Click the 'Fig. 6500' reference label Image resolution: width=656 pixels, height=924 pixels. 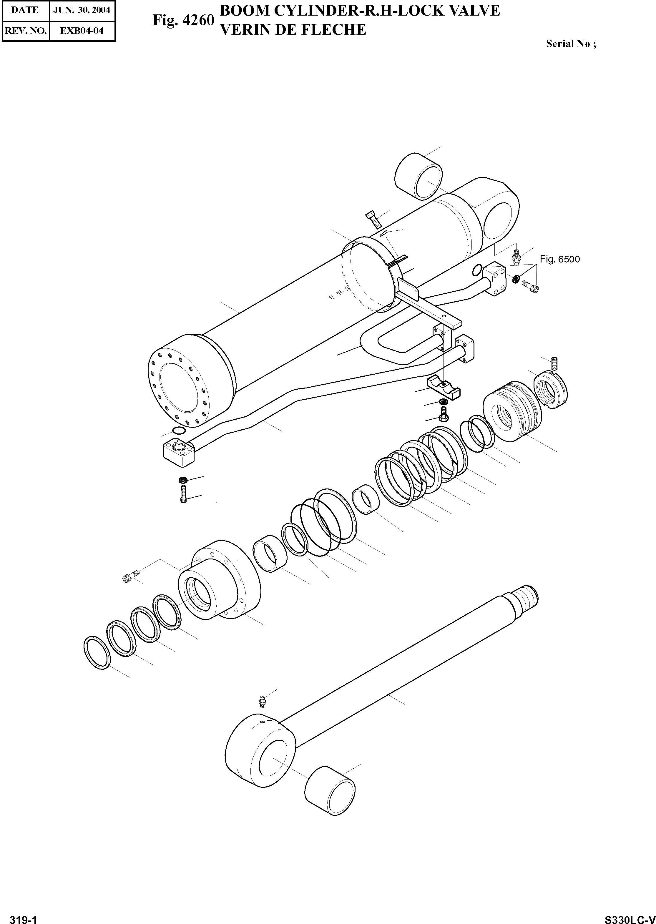(559, 259)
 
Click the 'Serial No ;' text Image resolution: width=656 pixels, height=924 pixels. (571, 44)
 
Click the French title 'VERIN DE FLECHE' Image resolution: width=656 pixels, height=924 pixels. (293, 30)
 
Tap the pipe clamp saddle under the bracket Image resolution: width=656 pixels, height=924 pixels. (444, 387)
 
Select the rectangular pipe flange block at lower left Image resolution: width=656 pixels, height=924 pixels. (179, 453)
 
